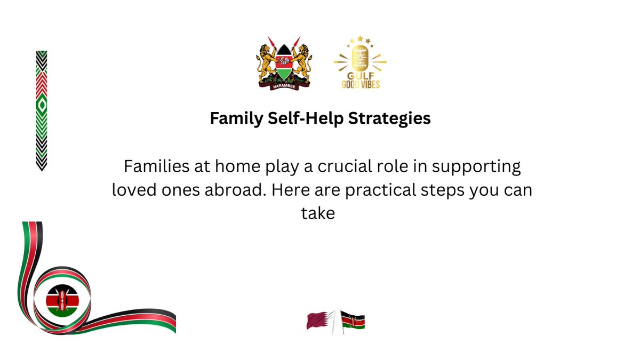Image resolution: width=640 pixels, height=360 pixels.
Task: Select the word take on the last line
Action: click(x=319, y=214)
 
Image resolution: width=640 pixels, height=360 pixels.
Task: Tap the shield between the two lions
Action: click(x=283, y=63)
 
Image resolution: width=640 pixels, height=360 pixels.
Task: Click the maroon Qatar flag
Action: click(x=318, y=321)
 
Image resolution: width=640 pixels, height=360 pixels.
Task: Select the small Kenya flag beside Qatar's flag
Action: click(x=353, y=321)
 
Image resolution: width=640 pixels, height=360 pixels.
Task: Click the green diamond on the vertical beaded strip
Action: click(x=41, y=107)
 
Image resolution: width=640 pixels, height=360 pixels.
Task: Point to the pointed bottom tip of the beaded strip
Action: click(x=41, y=170)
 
